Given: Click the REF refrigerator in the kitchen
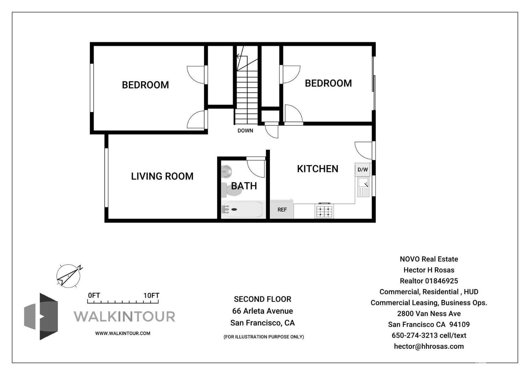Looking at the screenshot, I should click(282, 209).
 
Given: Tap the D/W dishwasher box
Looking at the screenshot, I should click(363, 169).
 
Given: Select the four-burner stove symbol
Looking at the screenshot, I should click(324, 211).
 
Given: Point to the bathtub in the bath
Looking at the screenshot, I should click(242, 209).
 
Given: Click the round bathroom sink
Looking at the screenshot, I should click(226, 172).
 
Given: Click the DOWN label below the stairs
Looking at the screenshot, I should click(245, 131).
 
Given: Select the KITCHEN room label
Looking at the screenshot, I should click(317, 169).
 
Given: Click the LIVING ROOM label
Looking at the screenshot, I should click(162, 176).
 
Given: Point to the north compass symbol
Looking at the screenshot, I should click(69, 276).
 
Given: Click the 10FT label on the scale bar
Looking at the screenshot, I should click(151, 295).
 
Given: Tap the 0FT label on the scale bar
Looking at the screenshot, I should click(94, 295).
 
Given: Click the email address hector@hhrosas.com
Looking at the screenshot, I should click(429, 346).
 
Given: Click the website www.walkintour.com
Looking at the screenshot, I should click(123, 333).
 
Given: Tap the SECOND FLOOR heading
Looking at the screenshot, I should click(263, 299).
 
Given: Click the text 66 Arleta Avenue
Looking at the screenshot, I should click(263, 311).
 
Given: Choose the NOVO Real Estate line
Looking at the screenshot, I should click(429, 259).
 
